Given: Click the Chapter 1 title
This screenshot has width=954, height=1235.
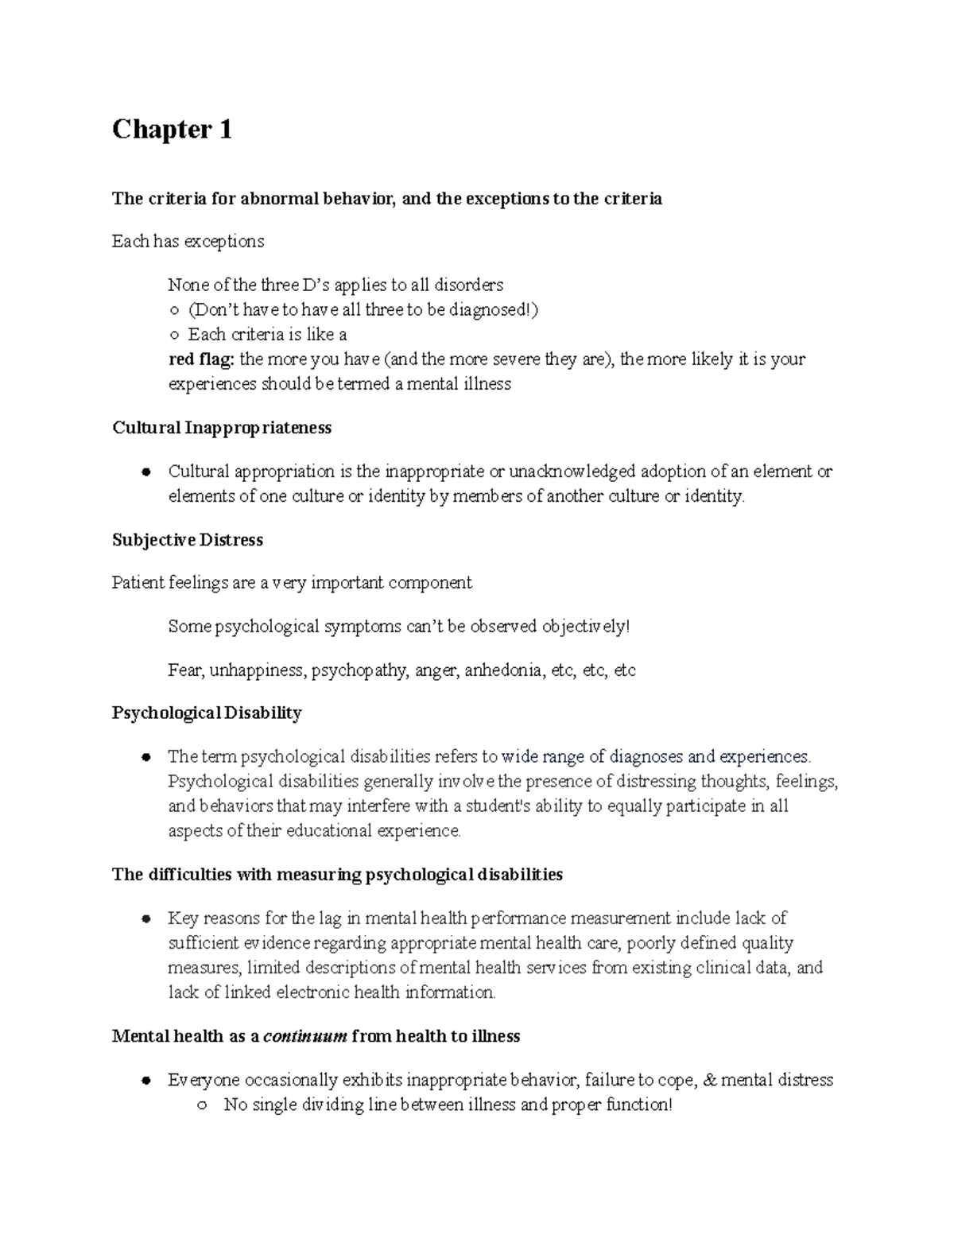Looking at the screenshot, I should pos(172,129).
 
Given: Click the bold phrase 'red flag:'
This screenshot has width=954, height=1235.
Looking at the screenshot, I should pos(201,359).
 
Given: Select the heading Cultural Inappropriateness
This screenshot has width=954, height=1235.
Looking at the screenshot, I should pos(222,428).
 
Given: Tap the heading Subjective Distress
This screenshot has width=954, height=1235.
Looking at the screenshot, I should pos(188,540).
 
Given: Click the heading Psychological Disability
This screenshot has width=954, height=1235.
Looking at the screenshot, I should pos(207,713).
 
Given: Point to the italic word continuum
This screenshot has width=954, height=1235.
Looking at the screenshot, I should pos(304,1036).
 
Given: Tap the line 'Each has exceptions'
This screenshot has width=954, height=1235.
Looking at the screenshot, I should pos(188,241).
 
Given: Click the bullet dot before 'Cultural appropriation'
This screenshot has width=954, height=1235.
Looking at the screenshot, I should pos(145,472).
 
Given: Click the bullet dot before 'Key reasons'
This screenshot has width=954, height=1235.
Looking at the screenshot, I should pos(145,919).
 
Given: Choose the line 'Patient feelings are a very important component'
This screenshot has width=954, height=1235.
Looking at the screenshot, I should pos(292,583).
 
